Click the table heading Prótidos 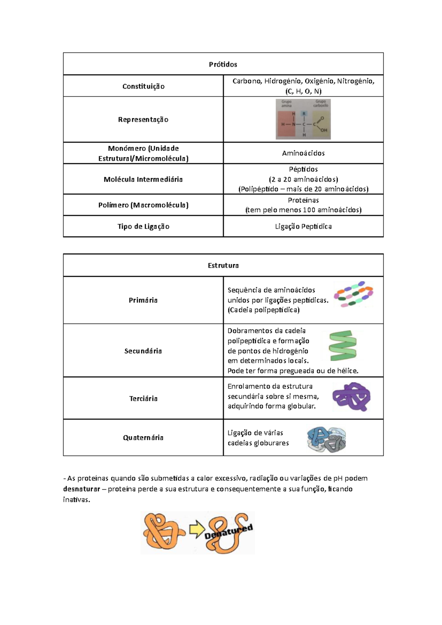tap(223, 64)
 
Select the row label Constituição tap(143, 86)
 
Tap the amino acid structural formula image tap(303, 119)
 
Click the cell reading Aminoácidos tap(303, 153)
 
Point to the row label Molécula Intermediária tap(143, 179)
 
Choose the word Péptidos tap(303, 169)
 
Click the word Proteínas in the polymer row tap(303, 200)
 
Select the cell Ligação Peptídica tap(303, 227)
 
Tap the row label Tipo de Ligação tap(143, 227)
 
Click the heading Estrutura tap(223, 265)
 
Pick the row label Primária tap(143, 300)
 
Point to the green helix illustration tap(343, 346)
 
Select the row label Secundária tap(143, 351)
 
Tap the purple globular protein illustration tap(351, 397)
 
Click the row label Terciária tap(143, 398)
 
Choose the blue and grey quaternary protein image tap(327, 440)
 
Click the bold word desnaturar tap(81, 489)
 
